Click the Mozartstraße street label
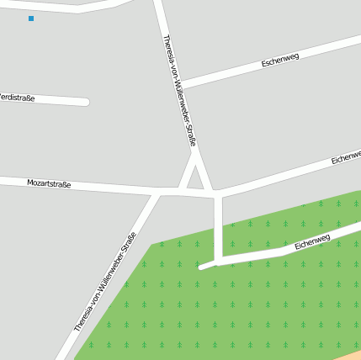click(x=49, y=183)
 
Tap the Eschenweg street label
click(x=280, y=60)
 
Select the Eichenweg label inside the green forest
click(x=312, y=242)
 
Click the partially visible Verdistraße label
click(x=17, y=98)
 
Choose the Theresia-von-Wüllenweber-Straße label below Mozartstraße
click(x=105, y=281)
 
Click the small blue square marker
click(x=31, y=19)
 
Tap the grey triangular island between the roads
click(x=195, y=179)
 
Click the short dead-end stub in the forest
click(x=206, y=266)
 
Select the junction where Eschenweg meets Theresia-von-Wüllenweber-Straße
click(x=178, y=84)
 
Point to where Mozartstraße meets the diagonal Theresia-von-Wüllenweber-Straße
click(x=157, y=193)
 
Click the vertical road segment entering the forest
click(x=218, y=227)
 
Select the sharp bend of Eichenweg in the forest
click(x=219, y=262)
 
